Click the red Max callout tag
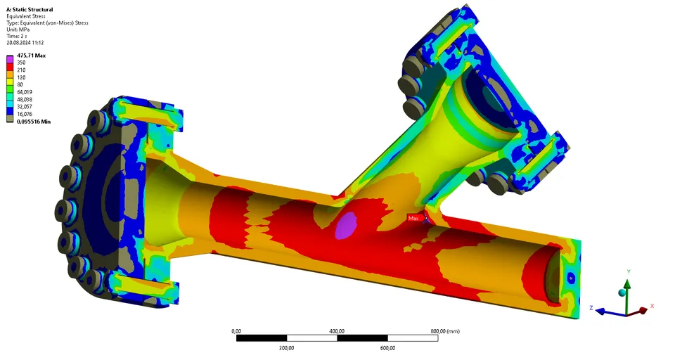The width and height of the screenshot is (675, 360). click(x=415, y=219)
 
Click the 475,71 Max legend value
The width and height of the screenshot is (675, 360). click(x=31, y=55)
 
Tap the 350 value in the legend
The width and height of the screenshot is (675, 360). click(x=21, y=63)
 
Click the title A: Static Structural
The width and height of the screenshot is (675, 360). click(x=29, y=9)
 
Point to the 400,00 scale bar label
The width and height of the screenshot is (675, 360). click(x=337, y=330)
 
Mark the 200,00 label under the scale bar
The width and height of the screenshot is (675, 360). click(x=286, y=348)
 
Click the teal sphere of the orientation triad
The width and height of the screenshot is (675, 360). click(x=622, y=292)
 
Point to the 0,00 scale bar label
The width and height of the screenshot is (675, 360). click(x=236, y=330)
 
